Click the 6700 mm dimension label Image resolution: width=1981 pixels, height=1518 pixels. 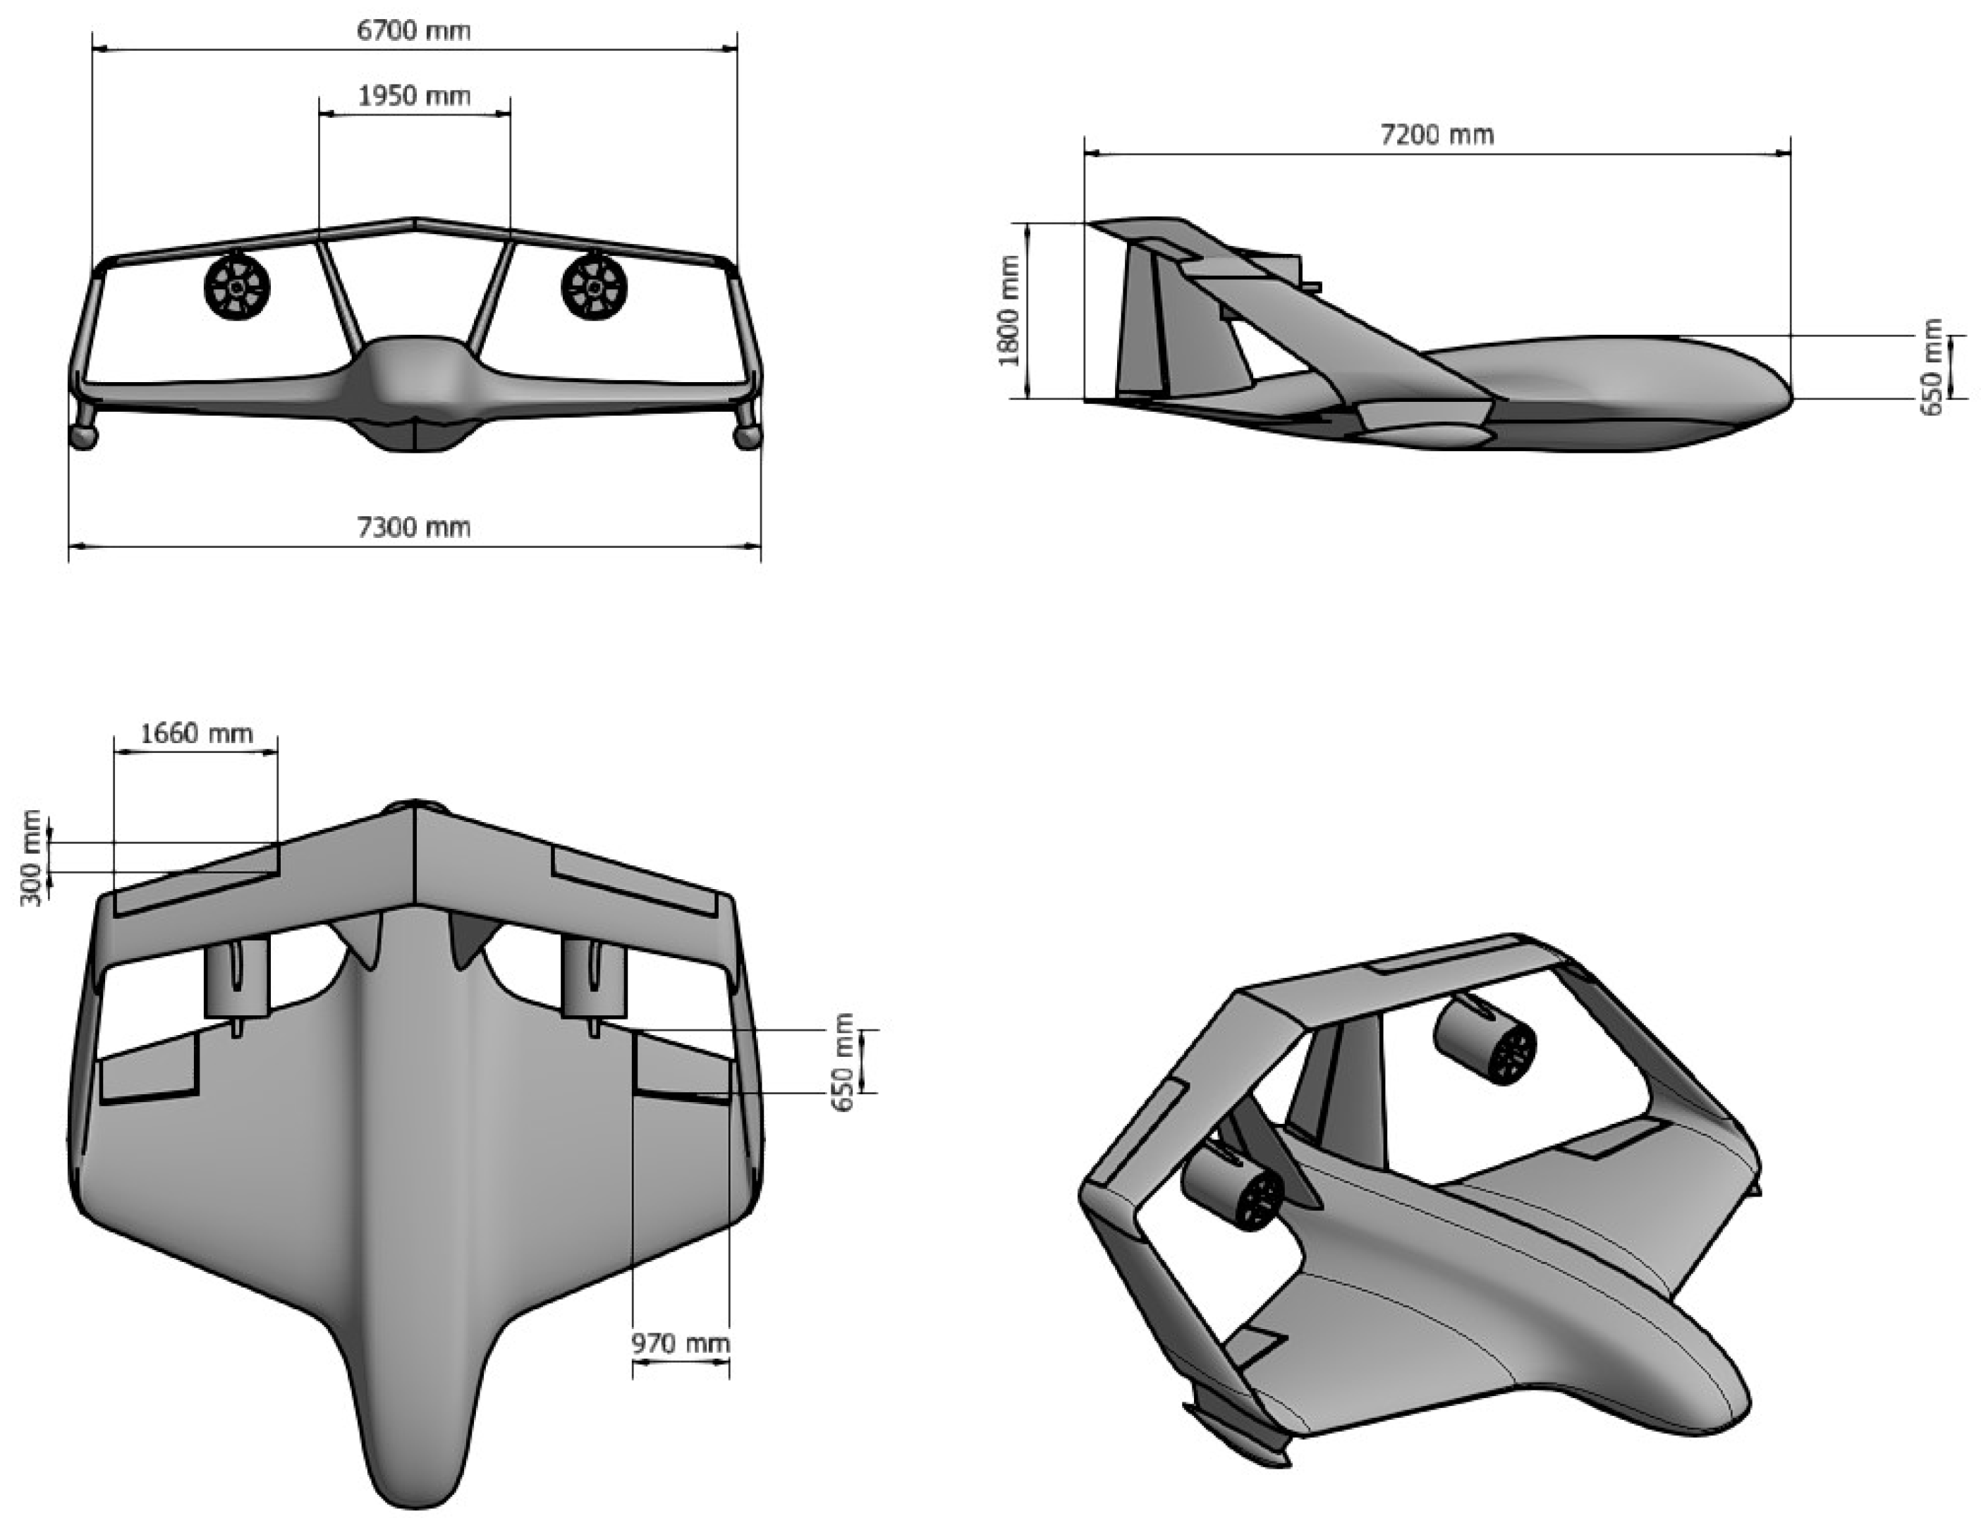pos(414,31)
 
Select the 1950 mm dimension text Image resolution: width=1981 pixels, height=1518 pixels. pos(414,96)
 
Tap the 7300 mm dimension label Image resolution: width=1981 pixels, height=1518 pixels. pos(414,527)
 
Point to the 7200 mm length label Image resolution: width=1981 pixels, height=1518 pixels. pos(1437,135)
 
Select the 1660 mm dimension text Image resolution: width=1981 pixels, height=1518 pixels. pos(196,733)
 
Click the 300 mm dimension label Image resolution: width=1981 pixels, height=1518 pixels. pos(31,857)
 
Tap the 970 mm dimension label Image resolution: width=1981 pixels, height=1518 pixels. pos(680,1344)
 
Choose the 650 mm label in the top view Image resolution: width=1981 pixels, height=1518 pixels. pos(844,1063)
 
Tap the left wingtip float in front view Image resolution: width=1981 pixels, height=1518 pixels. pos(83,436)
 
